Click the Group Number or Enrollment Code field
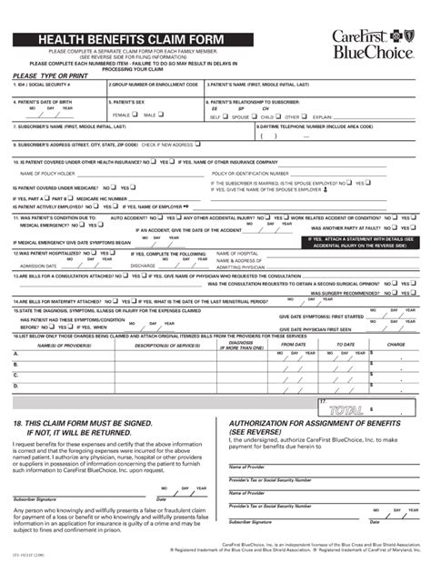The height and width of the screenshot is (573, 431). coord(154,90)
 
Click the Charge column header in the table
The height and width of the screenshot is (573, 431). coord(396,345)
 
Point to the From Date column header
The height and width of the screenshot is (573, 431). coord(293,345)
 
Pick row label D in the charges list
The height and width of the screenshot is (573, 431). coord(15,387)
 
